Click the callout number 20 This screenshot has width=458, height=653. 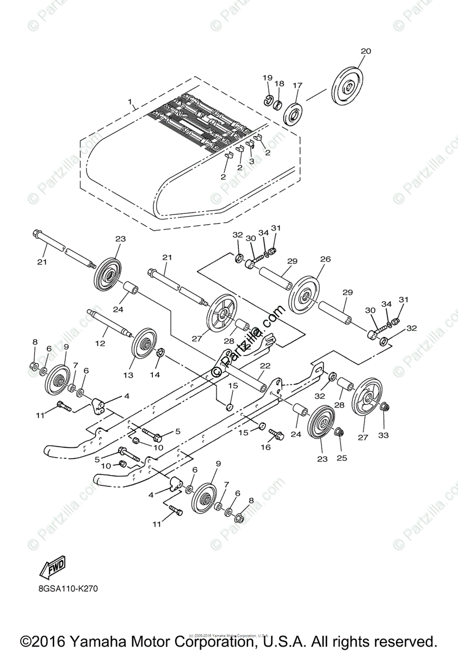point(366,51)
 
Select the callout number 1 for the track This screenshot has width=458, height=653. point(130,102)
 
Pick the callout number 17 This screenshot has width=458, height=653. point(297,85)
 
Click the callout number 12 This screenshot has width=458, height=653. point(100,344)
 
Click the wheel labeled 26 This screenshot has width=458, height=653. point(304,295)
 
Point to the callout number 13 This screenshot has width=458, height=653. point(128,375)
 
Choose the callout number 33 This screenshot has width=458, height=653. point(384,435)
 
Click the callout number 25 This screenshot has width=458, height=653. point(341,458)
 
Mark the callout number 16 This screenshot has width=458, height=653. point(265,447)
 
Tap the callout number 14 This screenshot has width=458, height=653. point(155,375)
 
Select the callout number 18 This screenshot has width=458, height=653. point(279,84)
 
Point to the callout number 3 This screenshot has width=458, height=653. point(251,162)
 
